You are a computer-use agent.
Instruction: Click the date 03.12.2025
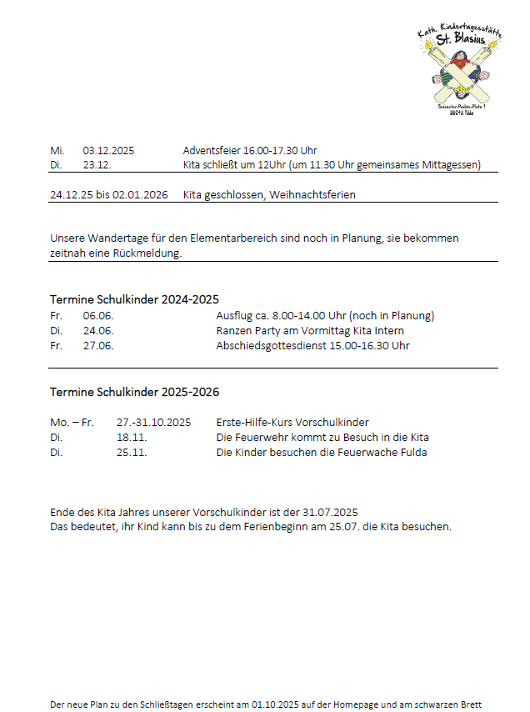pyautogui.click(x=108, y=151)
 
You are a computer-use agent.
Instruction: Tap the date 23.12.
pyautogui.click(x=97, y=165)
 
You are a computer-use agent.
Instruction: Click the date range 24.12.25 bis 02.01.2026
pyautogui.click(x=108, y=195)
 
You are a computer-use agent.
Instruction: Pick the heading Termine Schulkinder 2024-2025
pyautogui.click(x=134, y=299)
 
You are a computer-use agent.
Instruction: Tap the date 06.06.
pyautogui.click(x=97, y=316)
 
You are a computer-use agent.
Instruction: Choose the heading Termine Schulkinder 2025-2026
pyautogui.click(x=134, y=392)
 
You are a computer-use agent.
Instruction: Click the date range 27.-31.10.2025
pyautogui.click(x=153, y=422)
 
